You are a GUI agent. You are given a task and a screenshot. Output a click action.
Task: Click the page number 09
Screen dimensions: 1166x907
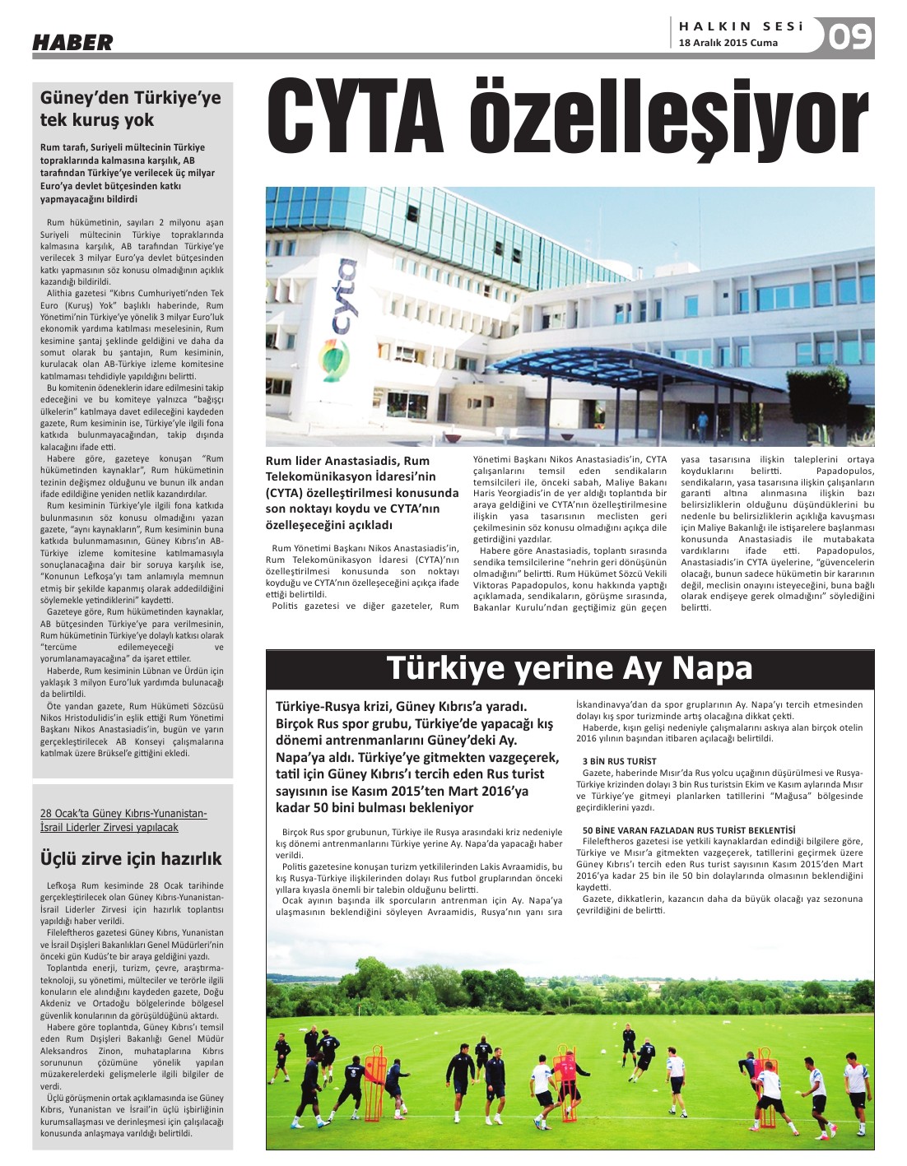pyautogui.click(x=849, y=37)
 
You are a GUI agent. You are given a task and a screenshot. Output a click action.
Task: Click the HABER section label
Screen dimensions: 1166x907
pyautogui.click(x=72, y=42)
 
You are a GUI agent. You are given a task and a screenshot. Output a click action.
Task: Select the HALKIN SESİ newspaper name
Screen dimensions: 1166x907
pyautogui.click(x=741, y=26)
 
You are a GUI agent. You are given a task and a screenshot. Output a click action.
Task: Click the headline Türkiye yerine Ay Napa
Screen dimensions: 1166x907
pyautogui.click(x=570, y=667)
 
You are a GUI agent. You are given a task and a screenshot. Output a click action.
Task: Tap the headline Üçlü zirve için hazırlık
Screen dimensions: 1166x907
pyautogui.click(x=131, y=858)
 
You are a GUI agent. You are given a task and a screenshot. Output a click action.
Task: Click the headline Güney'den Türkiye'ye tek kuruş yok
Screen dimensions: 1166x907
pyautogui.click(x=131, y=109)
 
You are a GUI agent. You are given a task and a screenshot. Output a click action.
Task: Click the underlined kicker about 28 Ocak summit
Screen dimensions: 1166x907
pyautogui.click(x=123, y=820)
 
